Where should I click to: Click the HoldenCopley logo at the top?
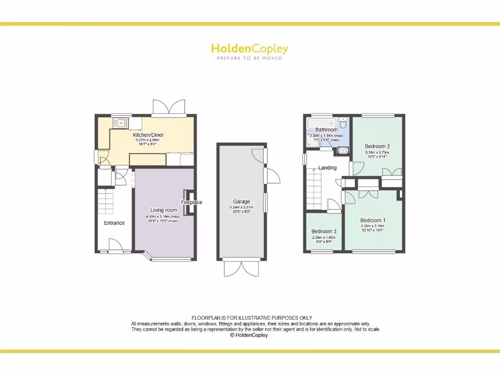(x=250, y=48)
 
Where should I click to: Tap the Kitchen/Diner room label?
(x=148, y=135)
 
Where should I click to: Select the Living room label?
(x=164, y=210)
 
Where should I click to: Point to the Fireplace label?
(x=191, y=202)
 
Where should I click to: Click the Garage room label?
(x=242, y=202)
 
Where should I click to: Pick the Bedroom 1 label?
(x=373, y=220)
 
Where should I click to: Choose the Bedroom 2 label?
(x=377, y=146)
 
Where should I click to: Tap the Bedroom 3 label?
(x=324, y=231)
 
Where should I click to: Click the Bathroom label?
(x=326, y=129)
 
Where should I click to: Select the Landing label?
(x=327, y=167)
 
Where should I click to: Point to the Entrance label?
(x=114, y=223)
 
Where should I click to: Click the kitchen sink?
(x=120, y=123)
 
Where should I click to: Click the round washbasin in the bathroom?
(x=343, y=150)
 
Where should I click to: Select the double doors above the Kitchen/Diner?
(x=169, y=107)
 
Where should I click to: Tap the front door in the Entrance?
(x=115, y=246)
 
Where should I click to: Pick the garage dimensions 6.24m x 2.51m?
(x=242, y=208)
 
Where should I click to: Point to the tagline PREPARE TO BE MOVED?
(x=250, y=58)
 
